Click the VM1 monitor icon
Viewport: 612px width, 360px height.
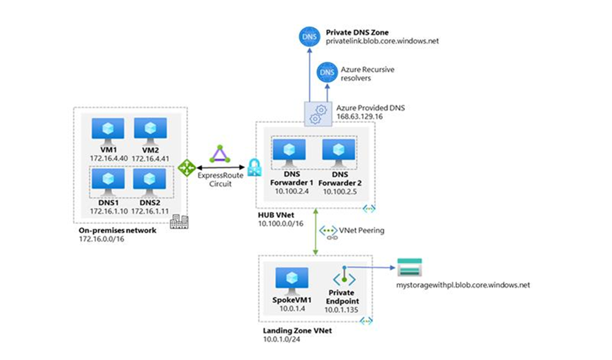(104, 128)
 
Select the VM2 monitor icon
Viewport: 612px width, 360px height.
(146, 128)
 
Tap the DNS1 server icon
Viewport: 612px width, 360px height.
(104, 179)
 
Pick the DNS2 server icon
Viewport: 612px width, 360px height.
(146, 179)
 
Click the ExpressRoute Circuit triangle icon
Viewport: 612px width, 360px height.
(217, 156)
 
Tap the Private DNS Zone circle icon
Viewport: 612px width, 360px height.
(310, 36)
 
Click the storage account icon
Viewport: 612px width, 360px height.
(409, 268)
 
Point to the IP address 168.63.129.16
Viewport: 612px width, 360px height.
(359, 117)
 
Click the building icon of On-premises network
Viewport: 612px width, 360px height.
(177, 223)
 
